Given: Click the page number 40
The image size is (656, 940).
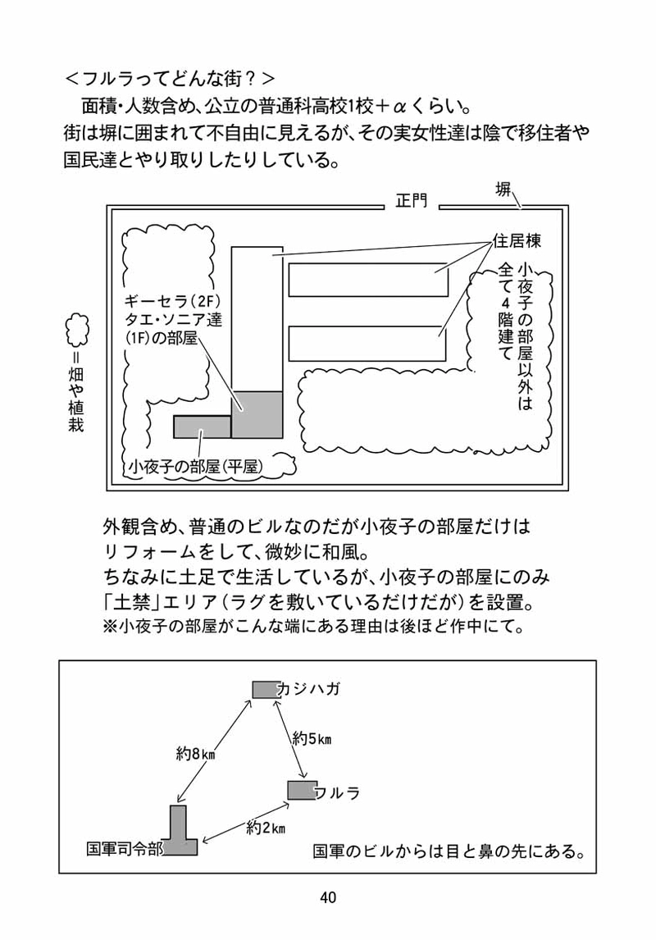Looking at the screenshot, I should click(328, 897).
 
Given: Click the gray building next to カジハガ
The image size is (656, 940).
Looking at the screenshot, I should click(265, 689).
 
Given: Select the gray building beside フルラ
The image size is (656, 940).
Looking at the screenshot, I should click(301, 790).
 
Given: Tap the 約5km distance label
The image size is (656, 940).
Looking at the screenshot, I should click(312, 738).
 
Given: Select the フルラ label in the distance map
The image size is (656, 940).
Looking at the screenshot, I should click(337, 793).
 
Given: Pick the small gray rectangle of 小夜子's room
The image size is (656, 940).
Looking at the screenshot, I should click(202, 427).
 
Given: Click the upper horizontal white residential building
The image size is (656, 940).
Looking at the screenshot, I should click(368, 280).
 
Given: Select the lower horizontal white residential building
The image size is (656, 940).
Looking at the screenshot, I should click(368, 343).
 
